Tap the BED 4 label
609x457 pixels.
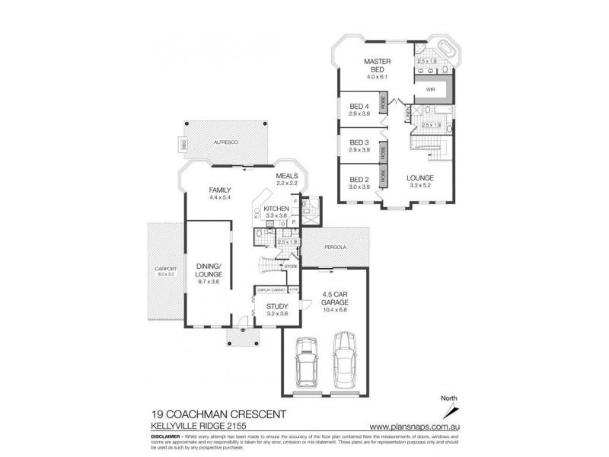click(359, 106)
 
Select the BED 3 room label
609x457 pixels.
click(359, 142)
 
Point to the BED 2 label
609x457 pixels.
click(359, 180)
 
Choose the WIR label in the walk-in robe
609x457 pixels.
click(429, 89)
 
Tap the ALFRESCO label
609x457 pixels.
click(225, 142)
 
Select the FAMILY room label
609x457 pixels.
click(219, 190)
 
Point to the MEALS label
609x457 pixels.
click(287, 176)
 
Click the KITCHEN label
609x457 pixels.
click(274, 208)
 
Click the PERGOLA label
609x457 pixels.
click(335, 248)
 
